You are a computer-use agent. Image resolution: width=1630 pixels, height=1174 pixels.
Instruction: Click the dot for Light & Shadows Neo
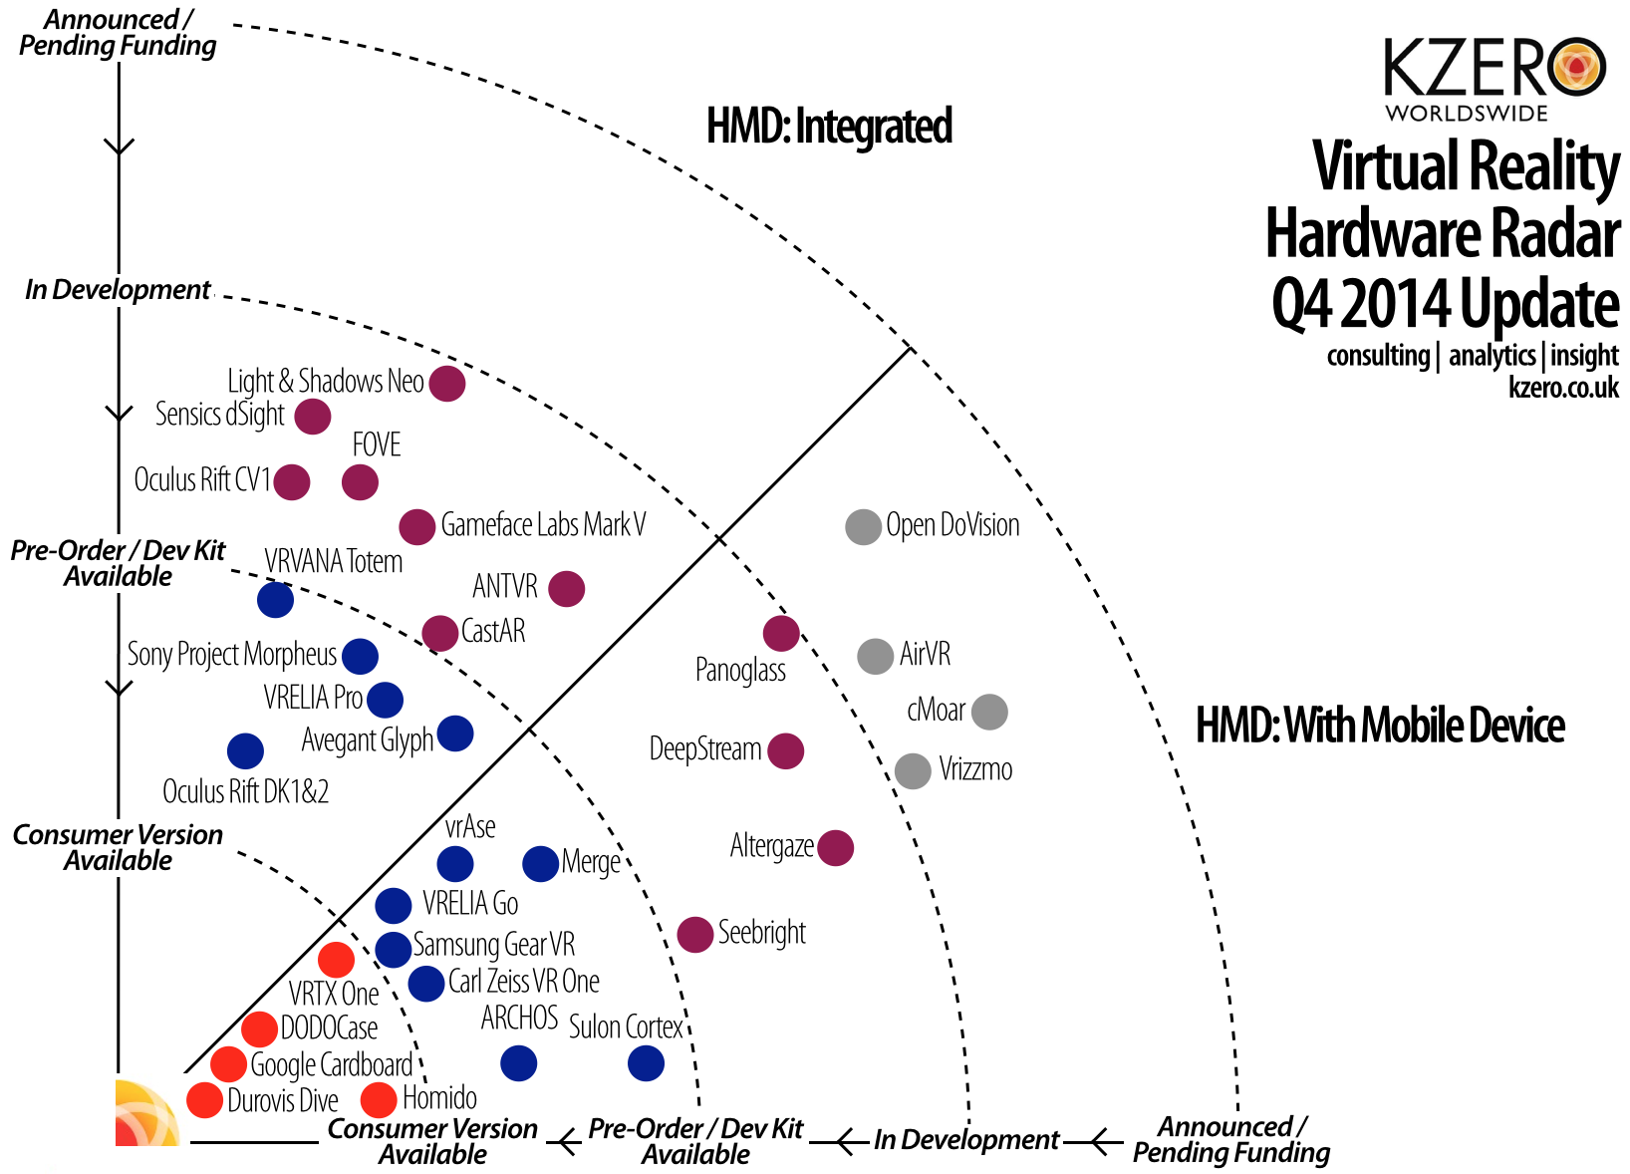click(x=447, y=383)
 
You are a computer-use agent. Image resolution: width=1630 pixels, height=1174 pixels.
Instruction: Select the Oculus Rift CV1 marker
click(x=292, y=482)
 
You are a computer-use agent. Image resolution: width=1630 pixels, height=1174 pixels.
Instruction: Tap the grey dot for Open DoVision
click(x=863, y=526)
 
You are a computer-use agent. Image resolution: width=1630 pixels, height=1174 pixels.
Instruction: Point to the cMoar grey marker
click(x=989, y=712)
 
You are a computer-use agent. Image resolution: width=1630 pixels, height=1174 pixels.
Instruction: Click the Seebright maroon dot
click(x=694, y=934)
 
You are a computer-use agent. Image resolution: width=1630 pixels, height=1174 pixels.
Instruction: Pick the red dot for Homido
click(x=379, y=1100)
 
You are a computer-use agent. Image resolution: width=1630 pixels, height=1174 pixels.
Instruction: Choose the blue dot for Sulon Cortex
click(x=646, y=1063)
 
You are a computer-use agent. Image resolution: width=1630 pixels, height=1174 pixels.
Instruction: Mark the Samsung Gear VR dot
click(x=394, y=949)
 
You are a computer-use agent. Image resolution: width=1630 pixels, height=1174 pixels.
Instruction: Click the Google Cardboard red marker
click(x=228, y=1064)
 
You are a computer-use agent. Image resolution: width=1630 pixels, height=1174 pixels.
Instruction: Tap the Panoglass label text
click(x=740, y=670)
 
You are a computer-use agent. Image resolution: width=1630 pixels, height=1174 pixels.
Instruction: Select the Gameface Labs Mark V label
click(x=543, y=525)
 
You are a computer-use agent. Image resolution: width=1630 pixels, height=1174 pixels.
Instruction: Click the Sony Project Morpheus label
click(x=232, y=655)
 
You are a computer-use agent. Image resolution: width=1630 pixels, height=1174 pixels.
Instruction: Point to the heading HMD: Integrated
click(x=829, y=127)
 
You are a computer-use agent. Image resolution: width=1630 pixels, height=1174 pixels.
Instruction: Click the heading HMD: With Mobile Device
click(x=1380, y=726)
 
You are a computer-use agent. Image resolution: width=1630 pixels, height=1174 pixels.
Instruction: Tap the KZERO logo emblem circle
click(x=1577, y=68)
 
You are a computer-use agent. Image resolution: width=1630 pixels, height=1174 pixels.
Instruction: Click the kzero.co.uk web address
click(x=1563, y=388)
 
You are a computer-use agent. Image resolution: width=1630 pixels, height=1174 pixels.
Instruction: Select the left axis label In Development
click(x=118, y=290)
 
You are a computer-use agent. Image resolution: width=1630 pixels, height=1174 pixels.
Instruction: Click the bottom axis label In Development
click(x=965, y=1140)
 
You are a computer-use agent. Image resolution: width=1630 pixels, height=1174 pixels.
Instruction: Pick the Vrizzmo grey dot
click(x=913, y=770)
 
